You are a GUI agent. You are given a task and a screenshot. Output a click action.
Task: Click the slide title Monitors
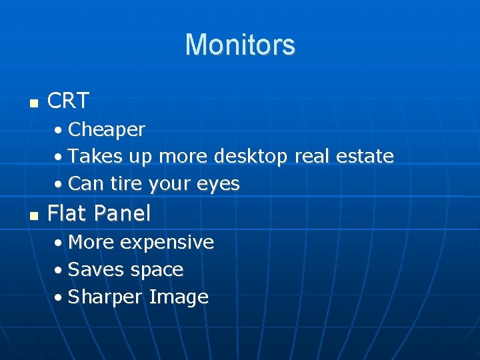[240, 45]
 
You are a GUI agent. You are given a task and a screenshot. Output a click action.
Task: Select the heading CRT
[69, 101]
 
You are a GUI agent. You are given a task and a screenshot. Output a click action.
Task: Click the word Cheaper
[107, 129]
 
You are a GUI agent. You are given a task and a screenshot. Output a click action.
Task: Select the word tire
[125, 184]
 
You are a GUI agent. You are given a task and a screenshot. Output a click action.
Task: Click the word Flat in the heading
[68, 213]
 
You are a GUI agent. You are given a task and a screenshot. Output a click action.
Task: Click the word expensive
[167, 243]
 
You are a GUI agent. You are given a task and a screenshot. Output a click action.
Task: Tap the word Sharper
[105, 297]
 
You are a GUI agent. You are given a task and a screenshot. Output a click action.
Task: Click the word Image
[179, 297]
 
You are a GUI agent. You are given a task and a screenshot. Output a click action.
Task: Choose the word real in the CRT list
[311, 157]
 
